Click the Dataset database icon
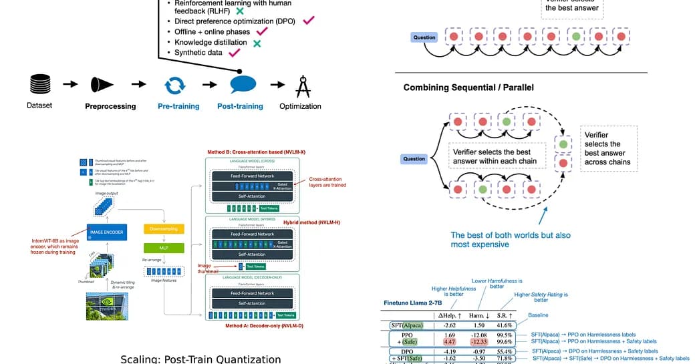click(39, 84)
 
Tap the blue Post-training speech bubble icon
click(243, 84)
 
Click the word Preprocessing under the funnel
click(110, 106)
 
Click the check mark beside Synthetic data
click(235, 53)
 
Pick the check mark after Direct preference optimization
click(308, 21)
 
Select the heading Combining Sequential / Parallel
click(468, 87)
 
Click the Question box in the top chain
click(424, 37)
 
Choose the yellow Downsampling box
click(163, 228)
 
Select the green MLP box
click(163, 248)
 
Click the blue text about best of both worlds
click(511, 240)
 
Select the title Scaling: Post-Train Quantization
click(200, 359)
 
